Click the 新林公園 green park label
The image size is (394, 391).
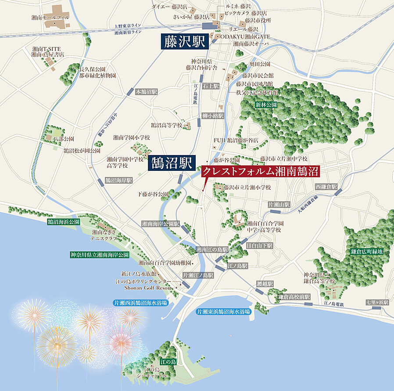tap(266, 105)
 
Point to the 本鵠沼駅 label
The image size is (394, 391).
tap(146, 92)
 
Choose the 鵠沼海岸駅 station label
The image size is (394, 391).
tap(118, 180)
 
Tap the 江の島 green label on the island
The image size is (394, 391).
tap(168, 362)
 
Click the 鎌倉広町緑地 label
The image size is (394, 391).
tap(367, 252)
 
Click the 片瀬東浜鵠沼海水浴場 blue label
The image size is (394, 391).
tap(223, 311)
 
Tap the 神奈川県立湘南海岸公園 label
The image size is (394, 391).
tap(100, 255)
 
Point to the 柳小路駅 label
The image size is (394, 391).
tap(212, 116)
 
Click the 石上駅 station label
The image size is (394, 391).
tap(211, 86)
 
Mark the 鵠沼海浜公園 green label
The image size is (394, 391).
tap(64, 222)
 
